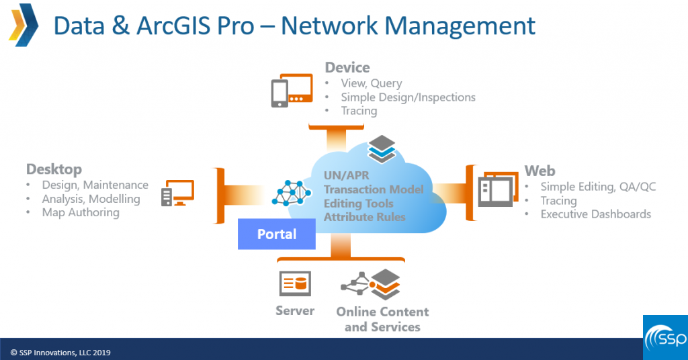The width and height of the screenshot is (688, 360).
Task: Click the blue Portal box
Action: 277,234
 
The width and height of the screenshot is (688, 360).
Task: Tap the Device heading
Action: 347,67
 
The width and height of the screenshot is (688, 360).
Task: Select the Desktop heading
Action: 54,169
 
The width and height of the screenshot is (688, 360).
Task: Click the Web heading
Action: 540,171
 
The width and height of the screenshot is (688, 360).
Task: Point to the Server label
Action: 294,311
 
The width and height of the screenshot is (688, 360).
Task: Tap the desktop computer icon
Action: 177,193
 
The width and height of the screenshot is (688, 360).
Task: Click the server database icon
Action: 295,284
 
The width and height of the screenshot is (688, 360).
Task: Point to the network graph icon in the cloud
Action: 292,193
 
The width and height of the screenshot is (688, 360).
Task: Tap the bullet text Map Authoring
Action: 81,212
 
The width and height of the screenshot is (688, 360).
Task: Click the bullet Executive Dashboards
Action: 595,214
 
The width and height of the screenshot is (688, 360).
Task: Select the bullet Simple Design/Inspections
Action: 408,97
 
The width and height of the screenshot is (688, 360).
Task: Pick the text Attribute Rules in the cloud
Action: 364,217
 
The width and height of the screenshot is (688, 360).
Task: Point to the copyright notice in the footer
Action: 60,352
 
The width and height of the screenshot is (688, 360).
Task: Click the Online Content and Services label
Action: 382,319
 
